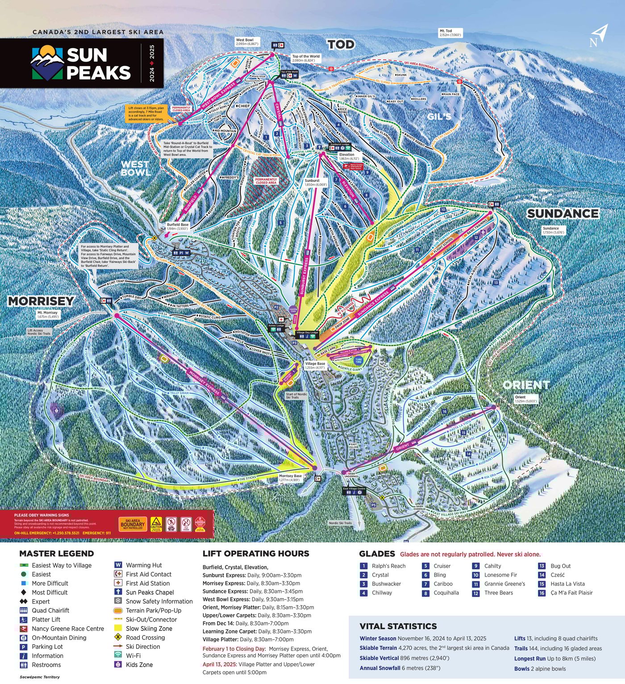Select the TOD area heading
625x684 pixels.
341,44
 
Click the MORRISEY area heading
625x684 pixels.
41,301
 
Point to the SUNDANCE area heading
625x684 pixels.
562,214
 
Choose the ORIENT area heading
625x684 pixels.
526,384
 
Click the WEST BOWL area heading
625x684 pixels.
135,168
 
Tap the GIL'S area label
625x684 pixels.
439,116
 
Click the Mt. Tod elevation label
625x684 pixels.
451,33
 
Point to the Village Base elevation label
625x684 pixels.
315,366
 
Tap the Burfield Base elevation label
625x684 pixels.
178,227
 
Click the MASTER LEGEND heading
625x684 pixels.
56,553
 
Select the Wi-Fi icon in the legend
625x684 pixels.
118,655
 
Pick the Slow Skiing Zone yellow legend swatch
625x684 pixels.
118,628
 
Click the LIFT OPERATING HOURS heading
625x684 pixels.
255,553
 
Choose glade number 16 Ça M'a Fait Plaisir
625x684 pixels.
542,593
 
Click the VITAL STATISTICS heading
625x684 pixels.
398,626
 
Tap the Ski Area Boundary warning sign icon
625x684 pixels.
132,524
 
